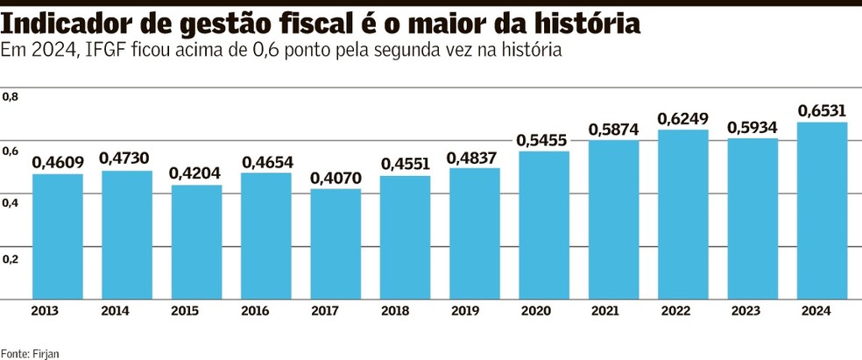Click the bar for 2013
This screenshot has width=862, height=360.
pyautogui.click(x=58, y=236)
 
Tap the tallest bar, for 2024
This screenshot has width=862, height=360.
pyautogui.click(x=822, y=210)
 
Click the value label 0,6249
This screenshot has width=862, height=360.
pyautogui.click(x=683, y=118)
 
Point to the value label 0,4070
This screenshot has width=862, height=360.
pyautogui.click(x=336, y=178)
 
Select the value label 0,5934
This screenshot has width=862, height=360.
pyautogui.click(x=752, y=128)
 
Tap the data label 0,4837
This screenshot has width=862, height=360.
pyautogui.click(x=475, y=158)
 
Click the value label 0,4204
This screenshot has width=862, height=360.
pyautogui.click(x=196, y=173)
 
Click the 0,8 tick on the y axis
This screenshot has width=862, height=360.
pyautogui.click(x=11, y=96)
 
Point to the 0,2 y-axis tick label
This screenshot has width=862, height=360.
pyautogui.click(x=11, y=259)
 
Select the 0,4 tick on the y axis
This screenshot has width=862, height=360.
pyautogui.click(x=11, y=204)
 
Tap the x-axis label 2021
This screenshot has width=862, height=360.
pyautogui.click(x=613, y=311)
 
